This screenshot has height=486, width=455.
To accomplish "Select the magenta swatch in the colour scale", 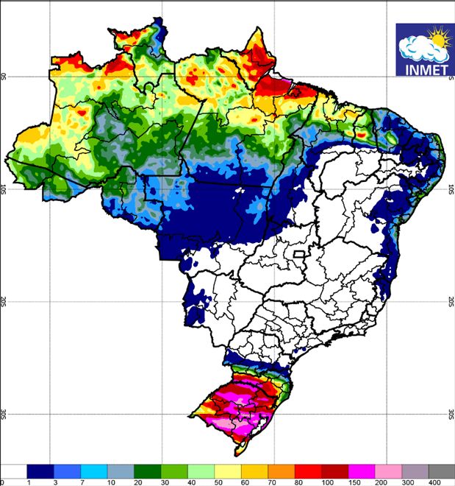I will [360, 471].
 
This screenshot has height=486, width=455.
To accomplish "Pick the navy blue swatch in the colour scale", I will [40, 471].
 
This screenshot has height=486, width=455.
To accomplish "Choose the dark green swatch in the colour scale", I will [147, 471].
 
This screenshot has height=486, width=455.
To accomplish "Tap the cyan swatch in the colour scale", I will [94, 471].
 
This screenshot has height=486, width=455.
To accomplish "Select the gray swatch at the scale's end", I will [440, 471].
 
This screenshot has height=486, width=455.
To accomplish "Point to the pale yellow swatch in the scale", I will [227, 471].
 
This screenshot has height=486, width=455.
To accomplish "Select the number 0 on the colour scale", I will [3, 482].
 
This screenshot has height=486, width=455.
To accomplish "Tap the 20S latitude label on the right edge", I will [451, 302].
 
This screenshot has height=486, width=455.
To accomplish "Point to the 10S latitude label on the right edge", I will [451, 189].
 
